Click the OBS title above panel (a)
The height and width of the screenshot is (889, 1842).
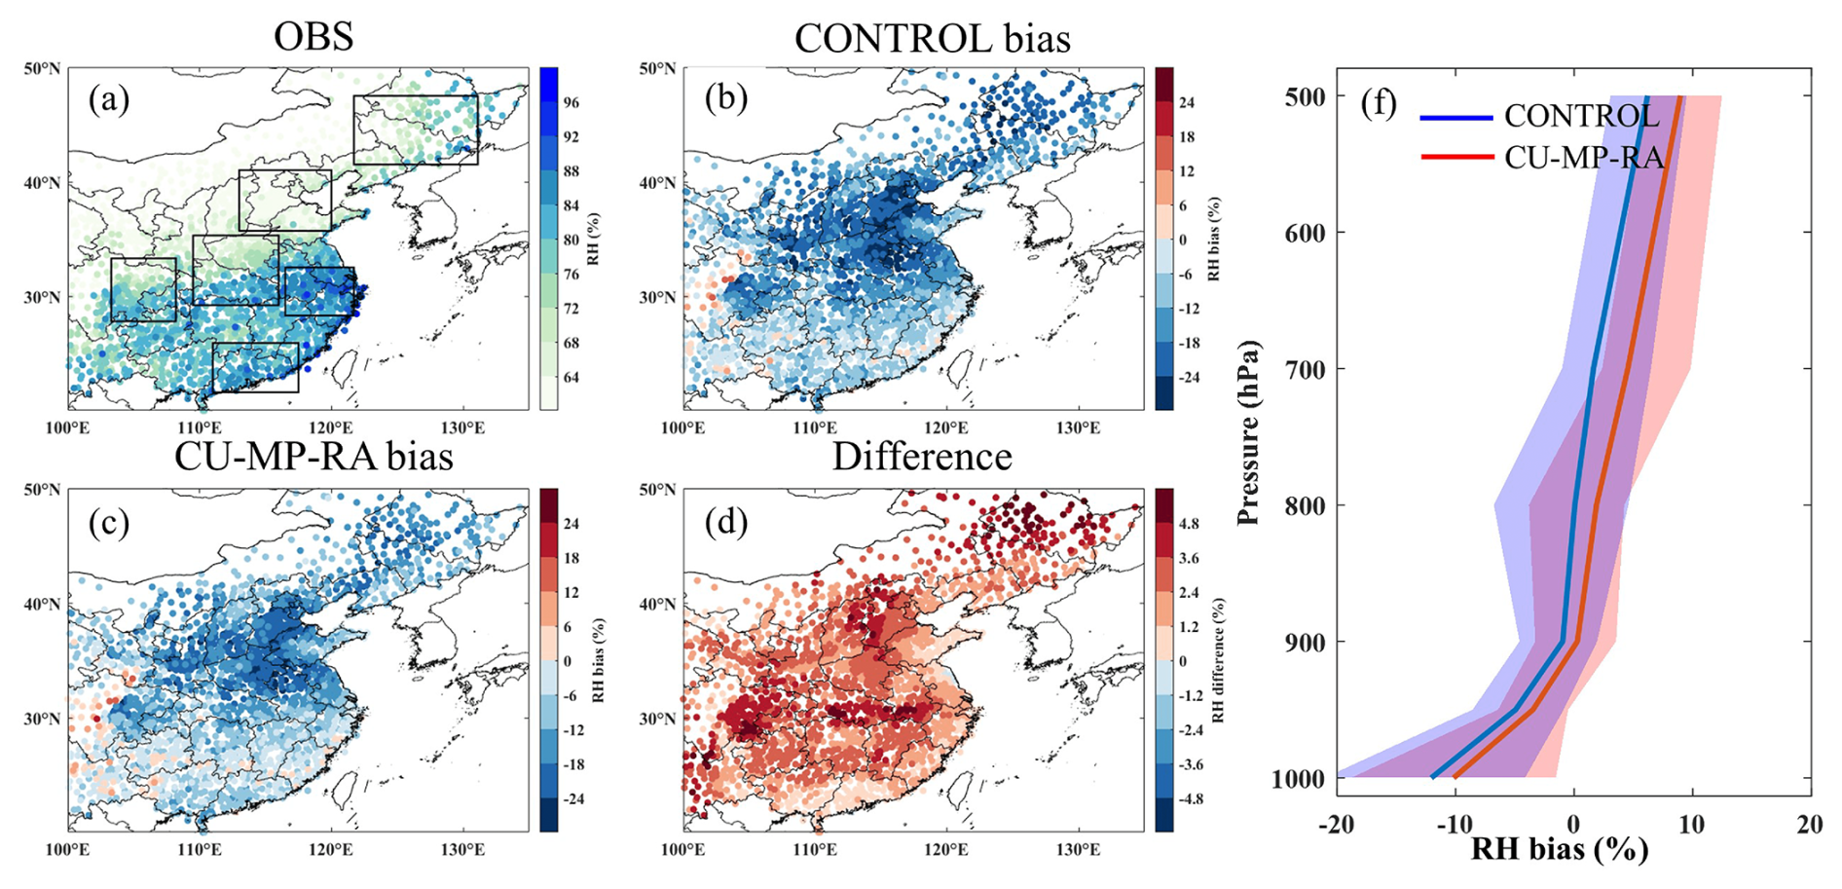tap(313, 37)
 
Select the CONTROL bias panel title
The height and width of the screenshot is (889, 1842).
tap(932, 39)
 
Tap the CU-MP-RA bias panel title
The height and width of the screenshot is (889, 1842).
tap(313, 457)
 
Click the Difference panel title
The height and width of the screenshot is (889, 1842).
tap(922, 457)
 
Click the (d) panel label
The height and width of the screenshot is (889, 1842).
tap(726, 522)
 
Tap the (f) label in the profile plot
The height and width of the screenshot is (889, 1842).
tap(1379, 102)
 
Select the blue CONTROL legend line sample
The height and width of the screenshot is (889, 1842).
tap(1456, 118)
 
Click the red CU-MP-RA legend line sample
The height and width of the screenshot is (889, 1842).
tap(1456, 157)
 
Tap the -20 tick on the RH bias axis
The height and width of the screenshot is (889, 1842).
tap(1337, 824)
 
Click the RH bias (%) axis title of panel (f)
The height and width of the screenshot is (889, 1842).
tap(1560, 849)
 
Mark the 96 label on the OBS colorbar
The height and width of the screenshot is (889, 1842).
tap(571, 102)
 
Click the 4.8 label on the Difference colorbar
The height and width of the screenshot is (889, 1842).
tap(1189, 524)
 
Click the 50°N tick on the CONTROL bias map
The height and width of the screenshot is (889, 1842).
tap(658, 68)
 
